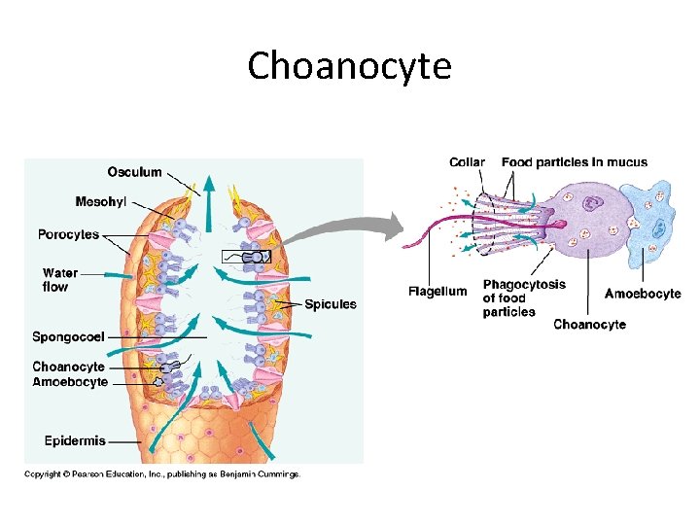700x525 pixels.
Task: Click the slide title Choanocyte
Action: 349,66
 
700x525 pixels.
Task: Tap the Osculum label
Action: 134,172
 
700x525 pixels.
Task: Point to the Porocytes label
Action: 68,234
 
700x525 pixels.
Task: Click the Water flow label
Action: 59,280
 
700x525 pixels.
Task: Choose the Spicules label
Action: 331,304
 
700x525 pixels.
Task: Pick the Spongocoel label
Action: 68,337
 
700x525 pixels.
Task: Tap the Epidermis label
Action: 75,440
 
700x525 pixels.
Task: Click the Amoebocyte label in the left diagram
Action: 70,382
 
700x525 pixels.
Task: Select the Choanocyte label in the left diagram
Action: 68,367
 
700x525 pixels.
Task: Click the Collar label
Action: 467,162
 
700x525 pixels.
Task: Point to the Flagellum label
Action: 437,292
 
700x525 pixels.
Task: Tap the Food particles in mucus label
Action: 575,162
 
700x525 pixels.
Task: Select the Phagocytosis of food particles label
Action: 524,298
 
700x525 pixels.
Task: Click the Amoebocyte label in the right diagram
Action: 643,293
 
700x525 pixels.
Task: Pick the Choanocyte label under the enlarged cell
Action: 589,324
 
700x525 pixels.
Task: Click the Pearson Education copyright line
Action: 162,474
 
